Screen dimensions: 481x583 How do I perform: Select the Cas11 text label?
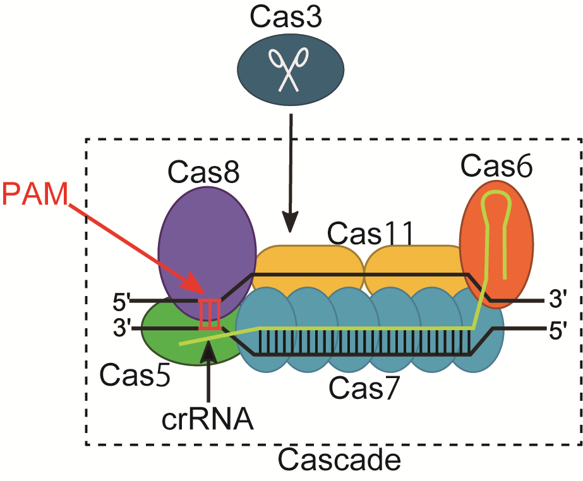click(x=370, y=235)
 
